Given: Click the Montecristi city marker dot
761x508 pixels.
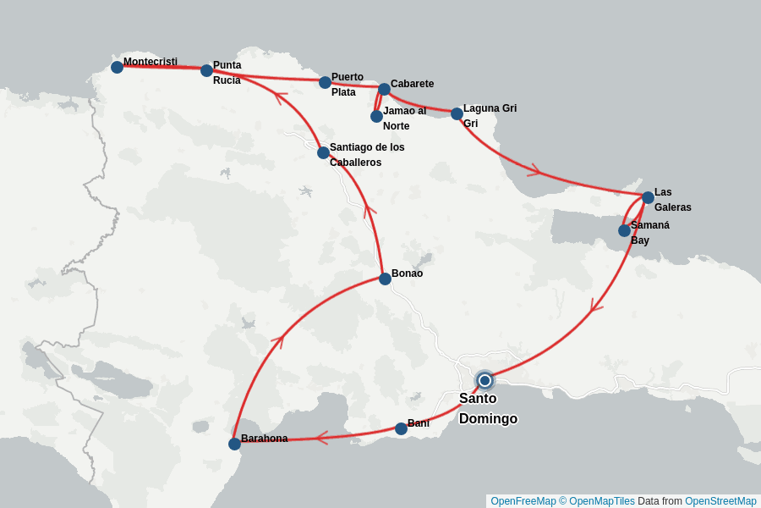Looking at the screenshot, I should click(117, 67).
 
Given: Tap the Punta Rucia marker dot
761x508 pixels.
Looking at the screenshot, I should click(206, 70).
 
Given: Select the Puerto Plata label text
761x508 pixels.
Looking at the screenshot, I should click(347, 85).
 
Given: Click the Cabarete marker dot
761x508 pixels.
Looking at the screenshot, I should click(384, 89).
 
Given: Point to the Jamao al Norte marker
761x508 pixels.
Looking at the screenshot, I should click(376, 116).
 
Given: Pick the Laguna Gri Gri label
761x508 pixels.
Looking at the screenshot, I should click(490, 116).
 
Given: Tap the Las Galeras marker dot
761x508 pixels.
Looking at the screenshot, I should click(648, 197).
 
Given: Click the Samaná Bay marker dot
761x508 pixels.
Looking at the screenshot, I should click(624, 230).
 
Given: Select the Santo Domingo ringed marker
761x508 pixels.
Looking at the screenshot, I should click(485, 380).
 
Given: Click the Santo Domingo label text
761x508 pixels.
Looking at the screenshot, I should click(488, 408).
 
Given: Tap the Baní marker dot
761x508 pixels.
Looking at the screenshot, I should click(401, 428).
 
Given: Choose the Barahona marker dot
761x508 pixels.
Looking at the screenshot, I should click(234, 444).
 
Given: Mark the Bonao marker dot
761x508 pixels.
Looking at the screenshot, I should click(385, 279).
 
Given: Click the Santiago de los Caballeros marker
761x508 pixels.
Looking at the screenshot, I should click(323, 152).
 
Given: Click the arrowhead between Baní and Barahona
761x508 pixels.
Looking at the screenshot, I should click(321, 438).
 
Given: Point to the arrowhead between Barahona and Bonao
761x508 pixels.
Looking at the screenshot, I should click(276, 340).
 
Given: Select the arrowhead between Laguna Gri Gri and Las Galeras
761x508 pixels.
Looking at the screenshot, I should click(533, 171).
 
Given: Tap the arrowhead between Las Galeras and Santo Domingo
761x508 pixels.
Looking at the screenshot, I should click(597, 305).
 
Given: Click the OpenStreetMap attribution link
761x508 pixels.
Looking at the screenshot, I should click(720, 501).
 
